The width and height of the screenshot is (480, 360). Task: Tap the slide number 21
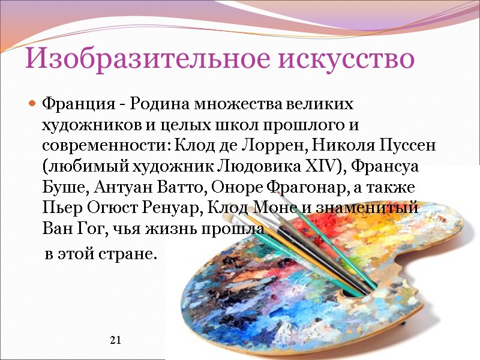116,341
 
